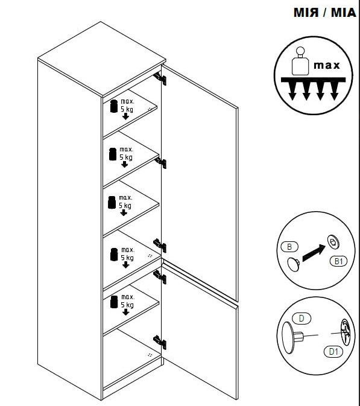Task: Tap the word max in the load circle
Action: point(326,65)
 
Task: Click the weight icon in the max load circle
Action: point(300,61)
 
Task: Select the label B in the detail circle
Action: point(289,247)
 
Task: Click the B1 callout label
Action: point(338,261)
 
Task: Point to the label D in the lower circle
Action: point(302,318)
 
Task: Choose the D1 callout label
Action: point(333,352)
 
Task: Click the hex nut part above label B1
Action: point(333,243)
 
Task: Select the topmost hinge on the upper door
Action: point(160,78)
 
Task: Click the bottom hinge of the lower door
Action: point(160,342)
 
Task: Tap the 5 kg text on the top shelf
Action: point(127,109)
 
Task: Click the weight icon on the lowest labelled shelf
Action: point(114,302)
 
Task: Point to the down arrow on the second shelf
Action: point(124,164)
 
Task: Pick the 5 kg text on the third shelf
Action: point(125,205)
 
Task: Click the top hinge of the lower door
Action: point(160,276)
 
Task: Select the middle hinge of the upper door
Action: point(160,163)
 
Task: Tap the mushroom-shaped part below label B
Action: point(294,264)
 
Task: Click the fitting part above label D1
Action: point(346,332)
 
